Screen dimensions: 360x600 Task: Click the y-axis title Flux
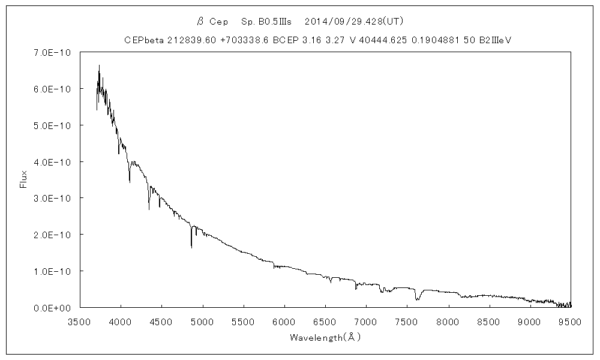coord(24,179)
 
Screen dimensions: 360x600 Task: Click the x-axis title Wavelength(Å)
coord(325,338)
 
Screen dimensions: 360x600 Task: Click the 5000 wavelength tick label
coord(203,322)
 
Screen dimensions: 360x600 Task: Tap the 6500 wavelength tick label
coord(325,322)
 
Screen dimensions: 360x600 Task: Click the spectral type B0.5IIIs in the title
coord(266,21)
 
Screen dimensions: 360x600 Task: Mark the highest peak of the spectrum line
coord(99,65)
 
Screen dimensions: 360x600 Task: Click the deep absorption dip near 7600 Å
coord(416,299)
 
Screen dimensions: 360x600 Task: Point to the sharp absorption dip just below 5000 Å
coord(191,246)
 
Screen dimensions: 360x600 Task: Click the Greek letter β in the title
coord(201,22)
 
